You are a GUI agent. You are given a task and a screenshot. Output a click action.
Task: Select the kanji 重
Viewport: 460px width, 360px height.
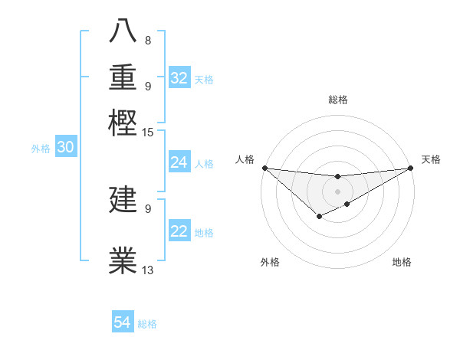click(123, 79)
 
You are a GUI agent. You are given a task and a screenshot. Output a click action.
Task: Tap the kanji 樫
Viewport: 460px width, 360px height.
click(123, 123)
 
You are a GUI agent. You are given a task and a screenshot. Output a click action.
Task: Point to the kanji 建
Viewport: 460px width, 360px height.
click(123, 201)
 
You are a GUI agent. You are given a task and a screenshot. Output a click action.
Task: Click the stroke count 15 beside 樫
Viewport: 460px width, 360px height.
click(147, 133)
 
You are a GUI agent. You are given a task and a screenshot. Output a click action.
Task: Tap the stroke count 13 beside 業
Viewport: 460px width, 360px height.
click(148, 270)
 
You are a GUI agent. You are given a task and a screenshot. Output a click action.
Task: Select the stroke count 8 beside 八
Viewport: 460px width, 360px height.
click(147, 40)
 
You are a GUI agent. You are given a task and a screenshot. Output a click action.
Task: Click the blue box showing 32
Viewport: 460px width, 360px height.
click(179, 78)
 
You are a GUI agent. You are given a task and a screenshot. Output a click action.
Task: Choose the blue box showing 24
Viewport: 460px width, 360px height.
click(179, 162)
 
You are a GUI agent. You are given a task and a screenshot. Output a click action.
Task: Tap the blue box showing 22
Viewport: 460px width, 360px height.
click(179, 232)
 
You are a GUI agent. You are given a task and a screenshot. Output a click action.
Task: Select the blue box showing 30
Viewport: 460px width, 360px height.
click(66, 148)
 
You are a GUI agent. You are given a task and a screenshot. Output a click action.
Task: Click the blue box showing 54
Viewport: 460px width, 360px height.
click(123, 323)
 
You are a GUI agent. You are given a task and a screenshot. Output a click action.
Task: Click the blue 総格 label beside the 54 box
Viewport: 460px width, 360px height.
click(147, 324)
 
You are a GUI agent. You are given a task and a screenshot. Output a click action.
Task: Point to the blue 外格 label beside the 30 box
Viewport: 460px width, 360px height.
click(41, 149)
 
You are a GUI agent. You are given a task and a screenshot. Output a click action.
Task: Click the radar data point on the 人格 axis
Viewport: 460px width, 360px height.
click(264, 168)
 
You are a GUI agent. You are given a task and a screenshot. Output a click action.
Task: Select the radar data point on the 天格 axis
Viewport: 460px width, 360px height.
click(411, 168)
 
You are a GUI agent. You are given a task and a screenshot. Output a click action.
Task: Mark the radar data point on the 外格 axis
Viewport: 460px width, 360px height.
click(319, 218)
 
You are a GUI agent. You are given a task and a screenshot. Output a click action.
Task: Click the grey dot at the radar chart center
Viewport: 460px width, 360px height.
click(337, 191)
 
